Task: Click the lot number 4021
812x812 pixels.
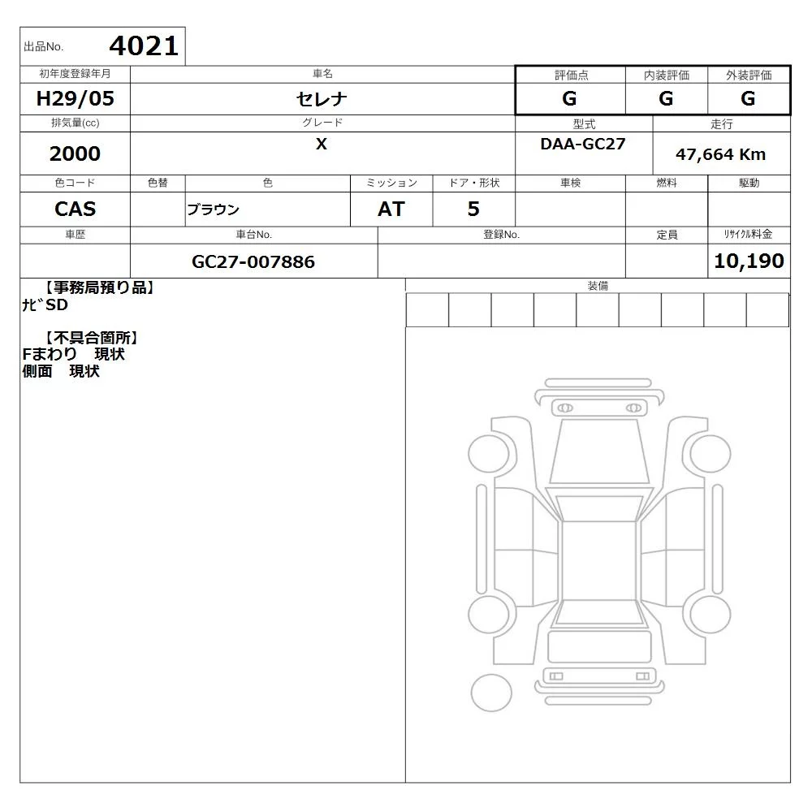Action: click(x=144, y=46)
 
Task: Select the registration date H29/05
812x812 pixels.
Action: click(x=75, y=98)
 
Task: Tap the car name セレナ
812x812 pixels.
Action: click(x=322, y=99)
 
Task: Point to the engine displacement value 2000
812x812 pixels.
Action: click(x=75, y=153)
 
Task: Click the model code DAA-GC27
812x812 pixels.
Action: click(x=583, y=144)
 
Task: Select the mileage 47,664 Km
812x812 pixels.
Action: click(x=720, y=154)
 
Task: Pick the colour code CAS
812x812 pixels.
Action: click(x=75, y=209)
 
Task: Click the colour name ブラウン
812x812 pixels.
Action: click(x=213, y=209)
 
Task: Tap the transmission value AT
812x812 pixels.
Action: click(x=391, y=209)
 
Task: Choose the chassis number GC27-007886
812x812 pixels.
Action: click(x=253, y=261)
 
